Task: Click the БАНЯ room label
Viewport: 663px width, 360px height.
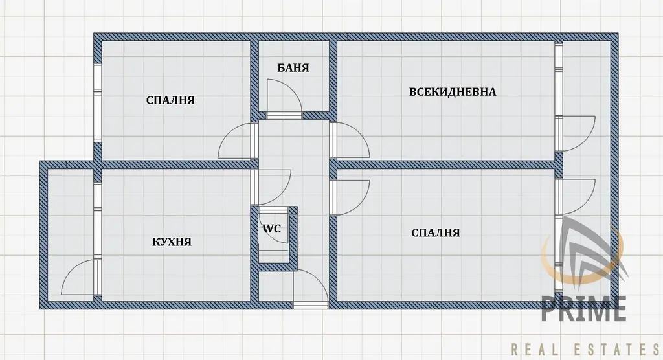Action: (x=293, y=68)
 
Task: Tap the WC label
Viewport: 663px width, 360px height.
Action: (x=272, y=229)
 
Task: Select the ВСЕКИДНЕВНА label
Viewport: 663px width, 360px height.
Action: (x=453, y=92)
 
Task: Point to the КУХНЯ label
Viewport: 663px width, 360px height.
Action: (x=172, y=242)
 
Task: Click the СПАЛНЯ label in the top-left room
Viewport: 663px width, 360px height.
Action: (x=170, y=100)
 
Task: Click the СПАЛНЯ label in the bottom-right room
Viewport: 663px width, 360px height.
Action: (x=436, y=232)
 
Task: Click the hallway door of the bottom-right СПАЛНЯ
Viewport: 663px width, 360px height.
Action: (x=349, y=197)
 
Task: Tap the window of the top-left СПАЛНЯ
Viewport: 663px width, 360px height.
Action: (x=97, y=103)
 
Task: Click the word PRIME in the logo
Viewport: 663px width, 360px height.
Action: (x=584, y=308)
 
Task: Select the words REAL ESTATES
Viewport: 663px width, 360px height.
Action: (x=585, y=350)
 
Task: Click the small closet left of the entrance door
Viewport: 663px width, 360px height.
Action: (x=275, y=287)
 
